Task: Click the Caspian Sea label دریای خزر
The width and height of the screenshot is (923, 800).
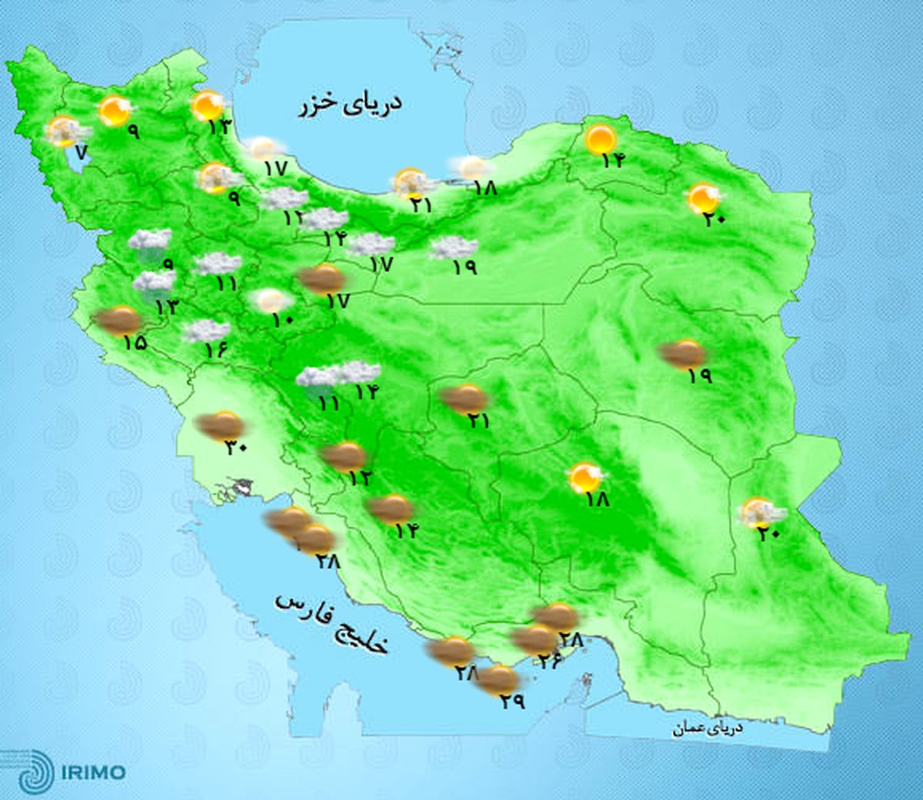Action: click(x=350, y=105)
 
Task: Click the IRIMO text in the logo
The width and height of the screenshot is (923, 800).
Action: click(x=92, y=771)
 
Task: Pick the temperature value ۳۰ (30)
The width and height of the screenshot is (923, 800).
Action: click(x=235, y=447)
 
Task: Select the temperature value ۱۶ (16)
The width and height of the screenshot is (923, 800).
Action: click(x=218, y=350)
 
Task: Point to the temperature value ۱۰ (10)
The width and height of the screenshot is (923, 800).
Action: click(x=282, y=320)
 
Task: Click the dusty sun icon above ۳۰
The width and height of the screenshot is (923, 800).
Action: click(x=221, y=425)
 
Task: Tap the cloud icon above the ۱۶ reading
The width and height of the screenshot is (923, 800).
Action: click(x=205, y=331)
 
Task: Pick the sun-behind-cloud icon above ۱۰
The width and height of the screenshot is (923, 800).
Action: click(x=270, y=300)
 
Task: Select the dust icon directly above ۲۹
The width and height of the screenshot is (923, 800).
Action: click(x=498, y=679)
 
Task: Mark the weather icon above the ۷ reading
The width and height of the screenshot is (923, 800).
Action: click(x=65, y=131)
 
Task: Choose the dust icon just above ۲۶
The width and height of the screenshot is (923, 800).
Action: click(x=534, y=639)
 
